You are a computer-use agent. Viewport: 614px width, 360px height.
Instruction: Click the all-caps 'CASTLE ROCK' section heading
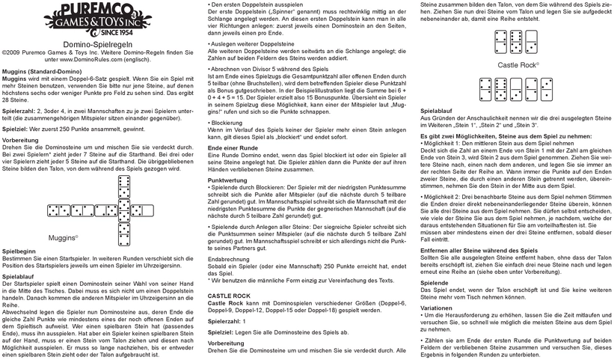pos(230,298)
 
